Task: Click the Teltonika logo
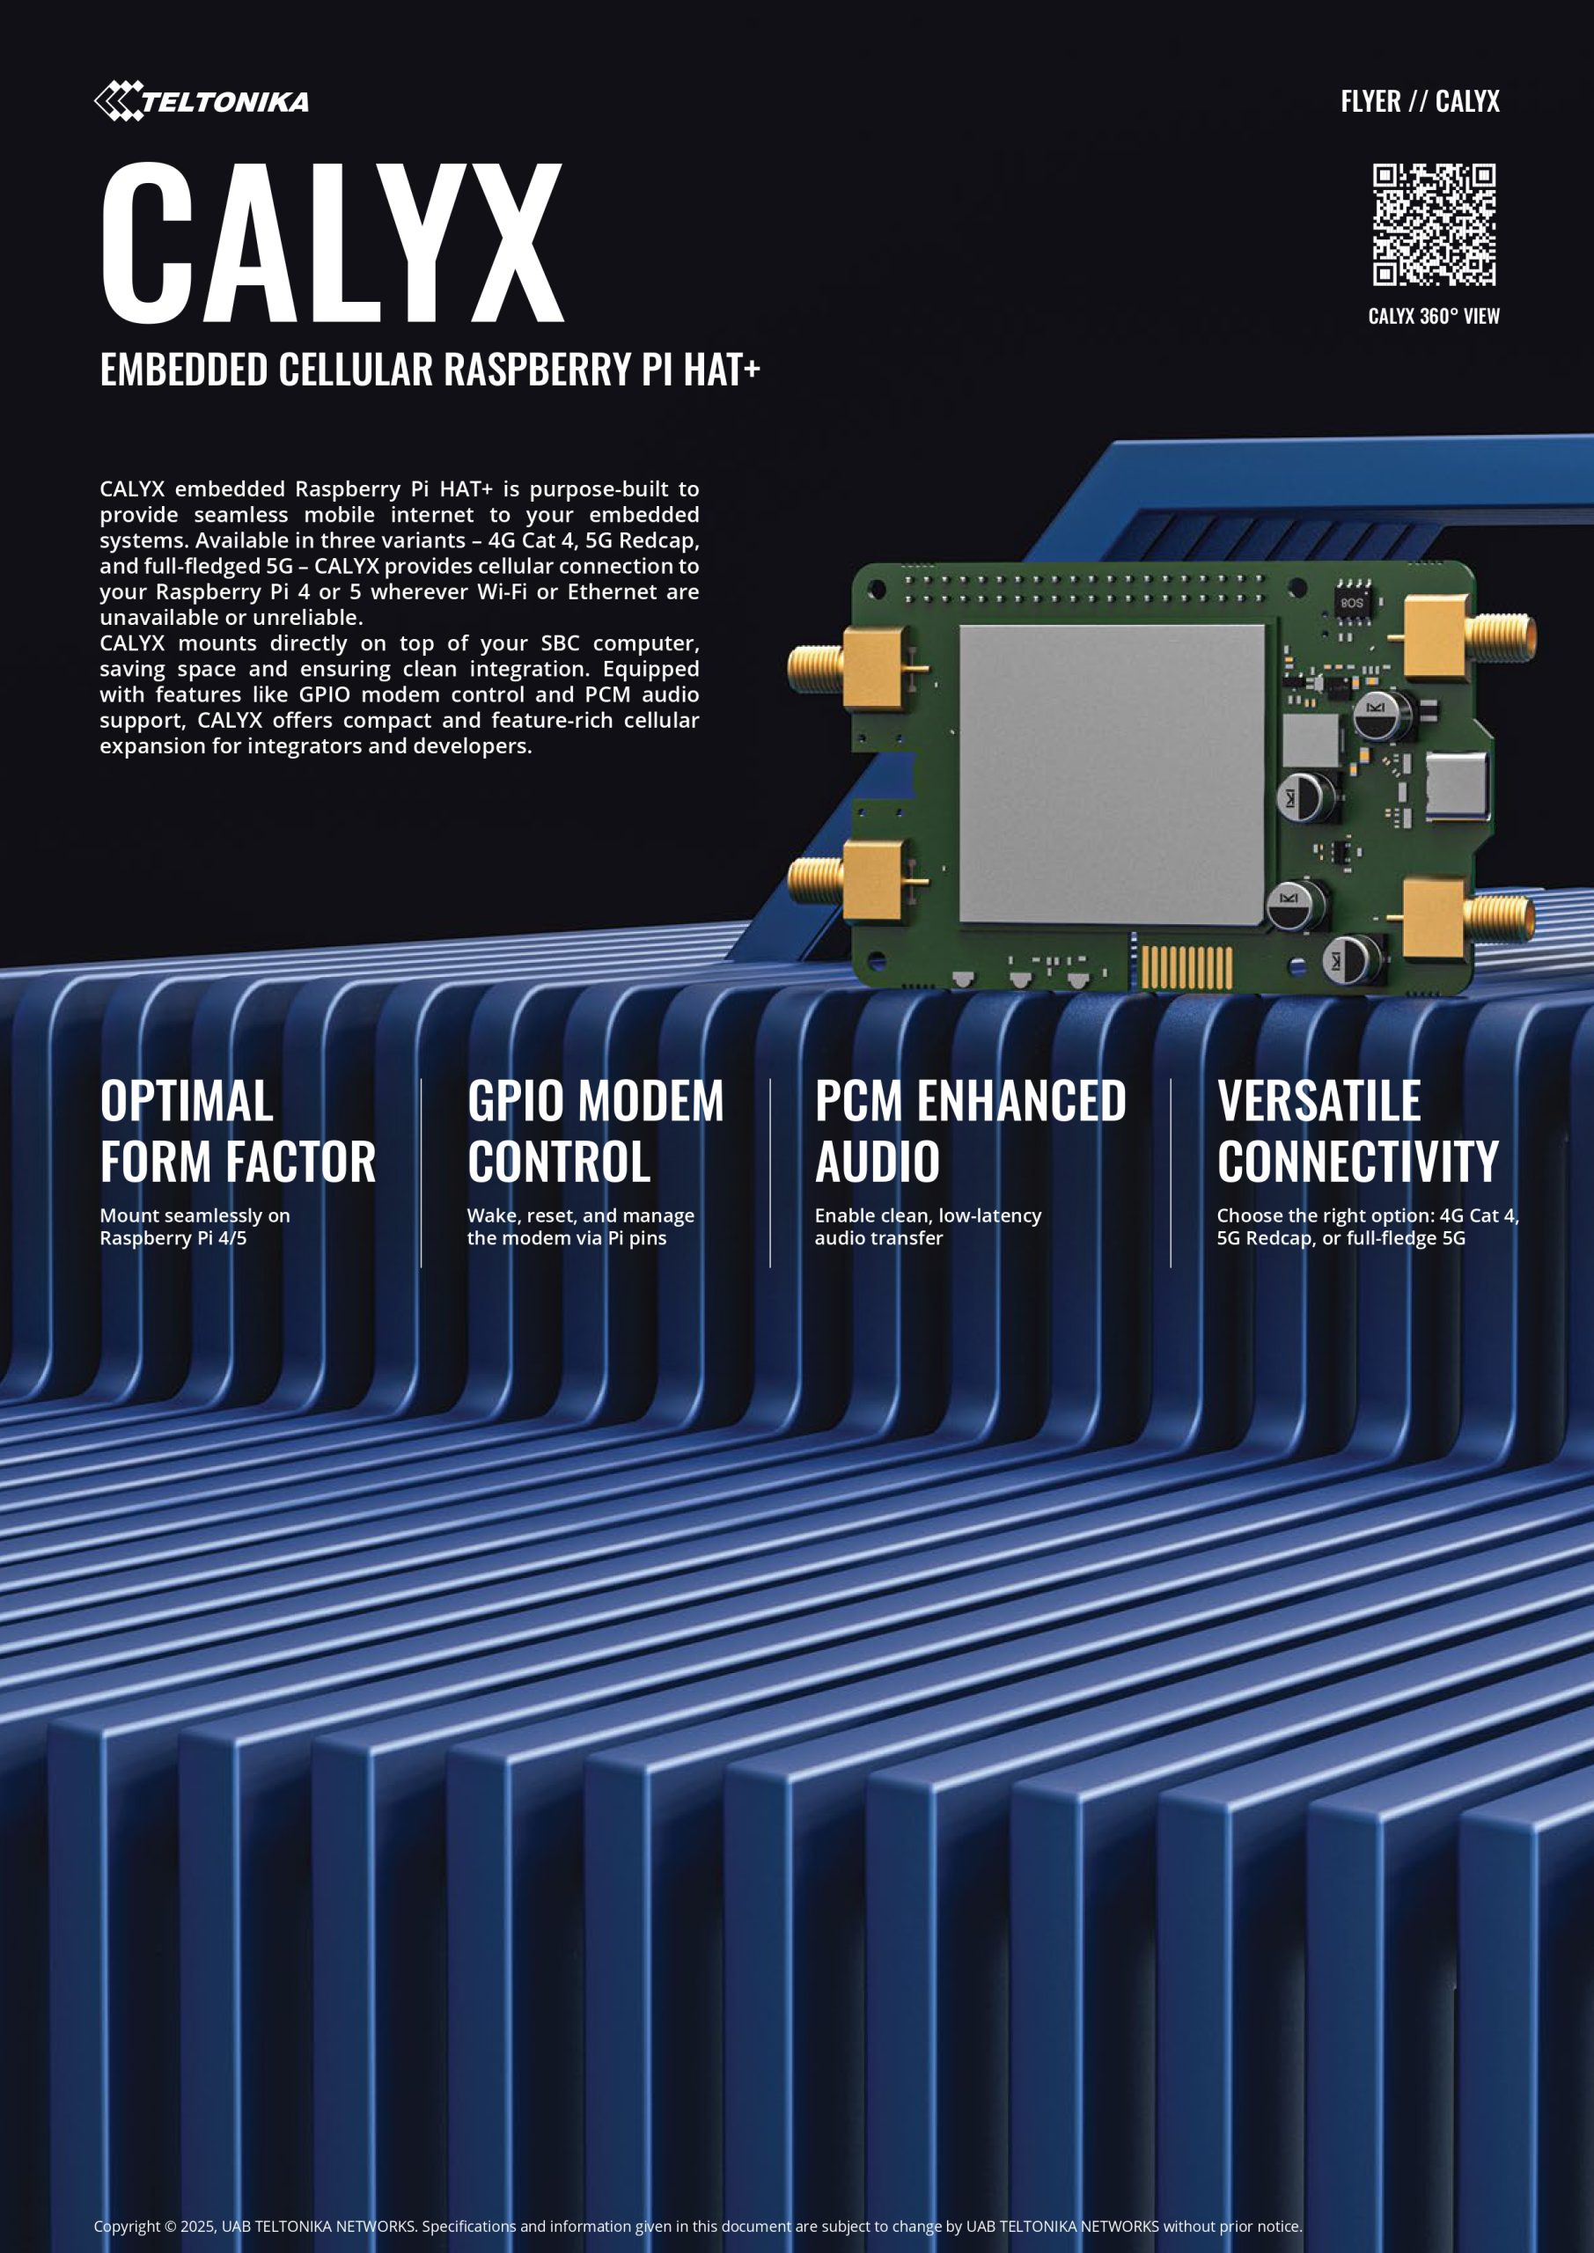(x=202, y=101)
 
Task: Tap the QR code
(x=1433, y=224)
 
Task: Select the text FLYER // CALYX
(x=1420, y=101)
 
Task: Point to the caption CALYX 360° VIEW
(x=1433, y=316)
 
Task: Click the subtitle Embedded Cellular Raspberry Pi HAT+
(x=430, y=370)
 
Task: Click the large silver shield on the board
(x=1111, y=774)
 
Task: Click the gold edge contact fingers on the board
(x=1186, y=966)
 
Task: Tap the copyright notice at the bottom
(x=698, y=2227)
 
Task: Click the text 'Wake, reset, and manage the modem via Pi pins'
(x=580, y=1227)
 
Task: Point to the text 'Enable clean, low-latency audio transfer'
(x=928, y=1227)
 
